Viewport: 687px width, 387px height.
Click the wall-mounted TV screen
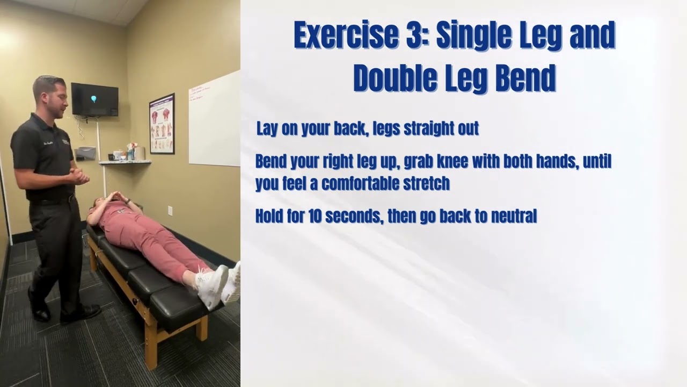[x=94, y=99]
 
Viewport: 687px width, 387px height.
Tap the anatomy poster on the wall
[x=162, y=124]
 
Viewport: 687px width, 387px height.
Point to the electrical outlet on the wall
[x=170, y=210]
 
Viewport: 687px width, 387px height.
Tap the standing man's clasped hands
[x=79, y=176]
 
